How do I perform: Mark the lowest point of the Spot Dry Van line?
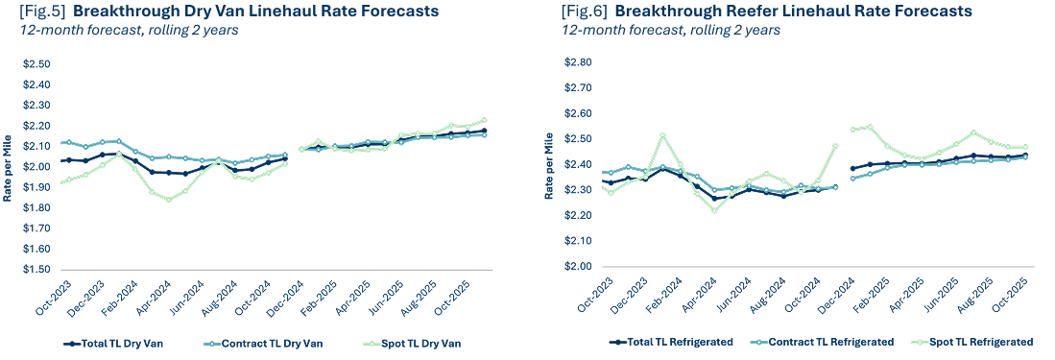[x=169, y=200]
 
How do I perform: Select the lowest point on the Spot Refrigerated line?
[x=714, y=210]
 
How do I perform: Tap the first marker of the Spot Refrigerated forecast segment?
[x=853, y=129]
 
